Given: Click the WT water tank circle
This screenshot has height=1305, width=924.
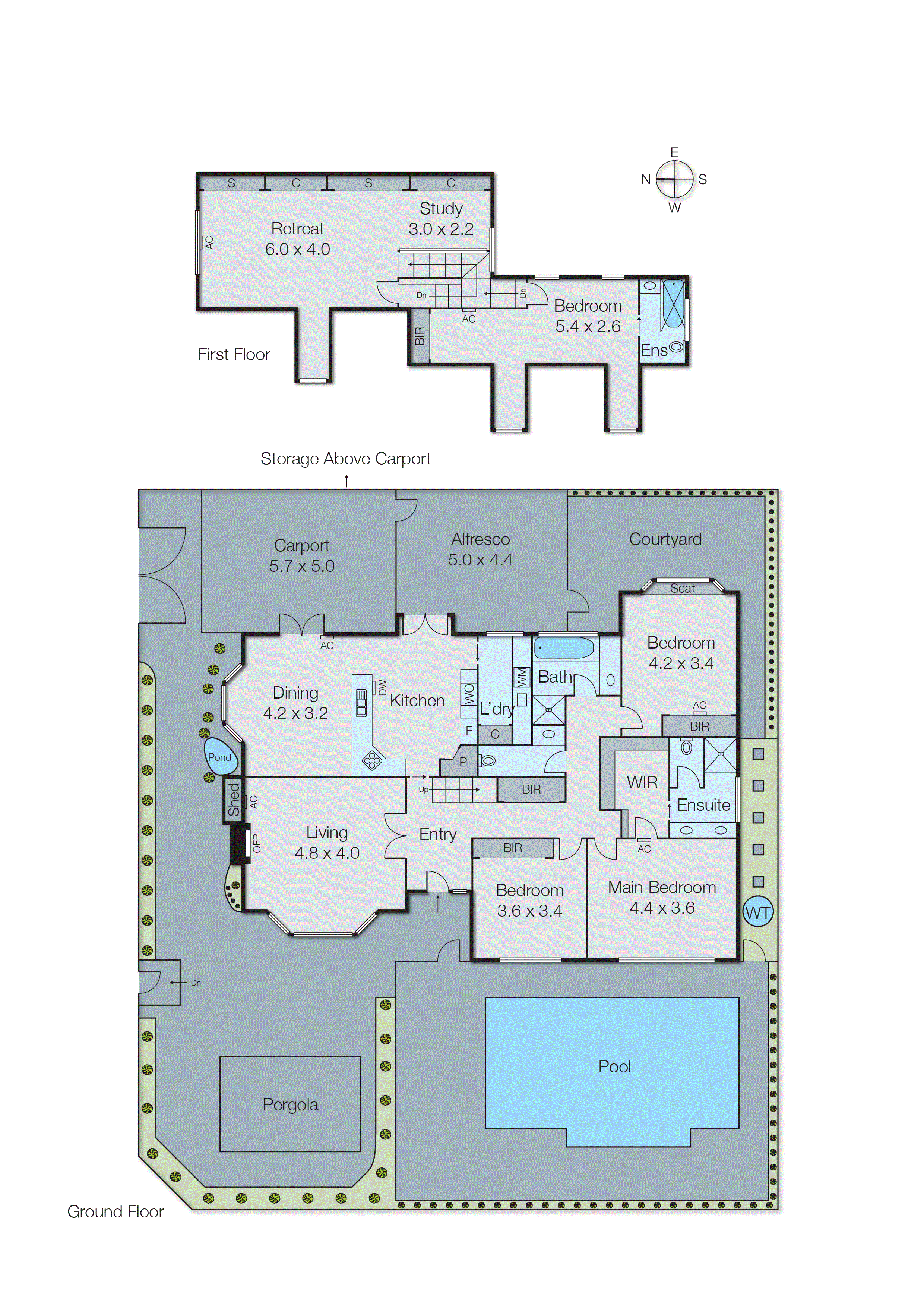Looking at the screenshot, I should pyautogui.click(x=758, y=912).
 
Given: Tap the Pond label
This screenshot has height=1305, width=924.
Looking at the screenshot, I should pyautogui.click(x=219, y=757).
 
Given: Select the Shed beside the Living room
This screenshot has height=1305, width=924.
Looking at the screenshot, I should pyautogui.click(x=233, y=800).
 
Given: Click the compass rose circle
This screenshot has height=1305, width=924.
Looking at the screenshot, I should pyautogui.click(x=674, y=179).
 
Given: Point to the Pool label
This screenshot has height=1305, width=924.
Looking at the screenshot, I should pyautogui.click(x=614, y=1066).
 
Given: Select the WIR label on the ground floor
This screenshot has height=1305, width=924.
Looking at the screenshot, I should pyautogui.click(x=642, y=782).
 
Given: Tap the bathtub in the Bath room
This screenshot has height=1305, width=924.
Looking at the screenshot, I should pyautogui.click(x=563, y=648).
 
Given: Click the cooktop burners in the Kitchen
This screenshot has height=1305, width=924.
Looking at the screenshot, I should pyautogui.click(x=372, y=760).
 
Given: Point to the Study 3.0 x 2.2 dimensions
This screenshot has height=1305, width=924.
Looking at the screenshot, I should pyautogui.click(x=441, y=229).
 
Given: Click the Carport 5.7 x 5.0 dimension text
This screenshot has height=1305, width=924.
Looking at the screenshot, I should pyautogui.click(x=301, y=566).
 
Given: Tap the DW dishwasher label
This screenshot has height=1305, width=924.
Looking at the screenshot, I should pyautogui.click(x=382, y=687).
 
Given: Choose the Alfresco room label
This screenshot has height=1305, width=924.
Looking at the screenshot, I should pyautogui.click(x=480, y=539).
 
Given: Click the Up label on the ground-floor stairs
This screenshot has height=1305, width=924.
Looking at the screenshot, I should pyautogui.click(x=423, y=789).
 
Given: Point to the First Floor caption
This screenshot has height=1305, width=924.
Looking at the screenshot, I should pyautogui.click(x=234, y=354).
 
